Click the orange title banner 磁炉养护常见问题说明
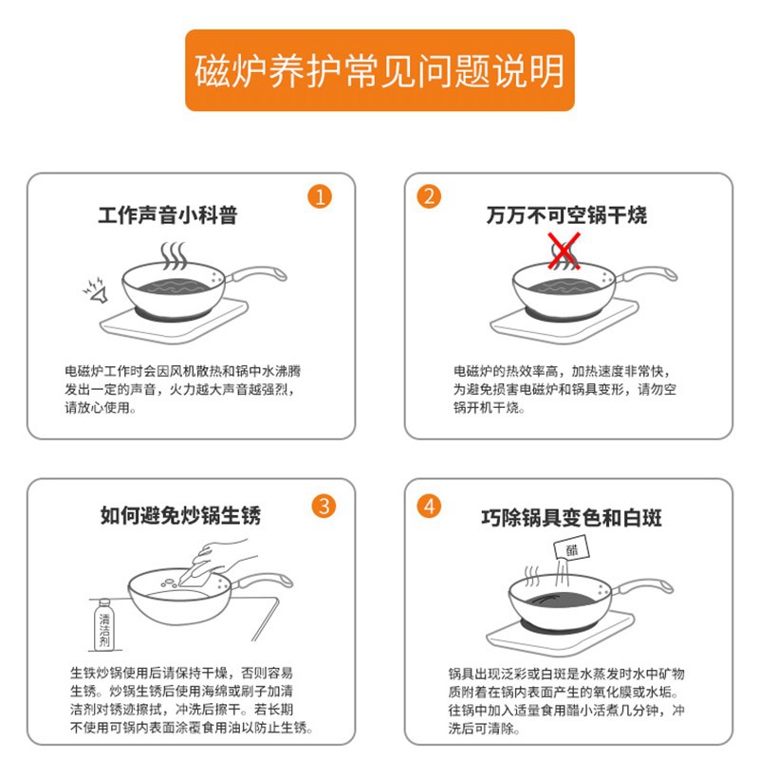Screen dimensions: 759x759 coord(379,70)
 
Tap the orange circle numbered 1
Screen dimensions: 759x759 coord(320,197)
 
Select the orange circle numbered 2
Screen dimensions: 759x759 coord(429,196)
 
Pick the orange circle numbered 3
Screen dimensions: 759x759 coord(324,507)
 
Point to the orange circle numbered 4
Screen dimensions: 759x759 coord(429,507)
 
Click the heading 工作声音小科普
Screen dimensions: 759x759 coord(168,215)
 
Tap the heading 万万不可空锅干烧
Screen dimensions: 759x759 coord(566,215)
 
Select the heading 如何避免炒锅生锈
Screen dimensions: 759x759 coord(180,515)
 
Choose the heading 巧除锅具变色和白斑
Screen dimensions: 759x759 coord(571,517)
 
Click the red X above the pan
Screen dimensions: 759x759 coord(564,250)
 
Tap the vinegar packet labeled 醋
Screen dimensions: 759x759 coord(572,550)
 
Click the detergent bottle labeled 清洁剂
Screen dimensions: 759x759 coord(104,625)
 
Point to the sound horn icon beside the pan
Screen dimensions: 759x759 coord(97,290)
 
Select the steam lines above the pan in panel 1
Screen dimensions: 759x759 coord(174,256)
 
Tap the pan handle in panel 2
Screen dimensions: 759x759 coord(646,274)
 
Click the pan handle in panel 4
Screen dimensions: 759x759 coord(642,586)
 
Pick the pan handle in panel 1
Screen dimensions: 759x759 coord(255,274)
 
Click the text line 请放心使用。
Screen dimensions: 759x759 coord(101,408)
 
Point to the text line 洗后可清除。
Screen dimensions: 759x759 coord(484,728)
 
